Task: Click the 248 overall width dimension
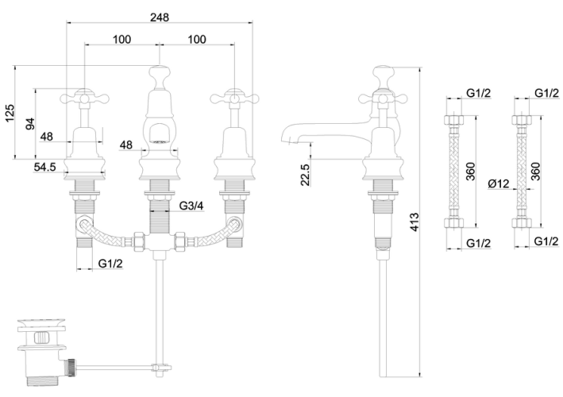160,17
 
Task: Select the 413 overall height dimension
415,222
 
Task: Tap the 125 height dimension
10,113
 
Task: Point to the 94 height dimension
30,124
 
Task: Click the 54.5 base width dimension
45,167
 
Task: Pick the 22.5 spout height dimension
305,175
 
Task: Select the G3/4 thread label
191,206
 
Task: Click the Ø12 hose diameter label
499,183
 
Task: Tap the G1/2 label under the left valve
110,264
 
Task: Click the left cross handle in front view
84,98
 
